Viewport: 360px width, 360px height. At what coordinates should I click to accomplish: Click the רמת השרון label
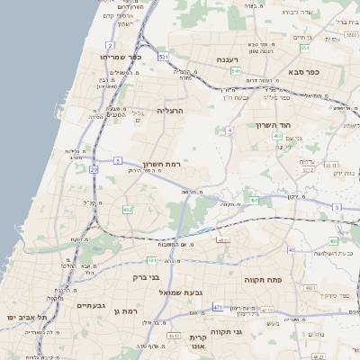(x=163, y=165)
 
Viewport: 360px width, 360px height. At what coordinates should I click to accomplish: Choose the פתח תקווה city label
(x=264, y=280)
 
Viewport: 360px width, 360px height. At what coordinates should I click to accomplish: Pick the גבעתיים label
(x=92, y=305)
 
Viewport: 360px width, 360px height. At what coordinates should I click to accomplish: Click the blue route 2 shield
(x=110, y=44)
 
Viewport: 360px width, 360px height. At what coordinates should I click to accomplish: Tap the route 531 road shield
(x=163, y=57)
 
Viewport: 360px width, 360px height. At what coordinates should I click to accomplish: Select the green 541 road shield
(x=235, y=70)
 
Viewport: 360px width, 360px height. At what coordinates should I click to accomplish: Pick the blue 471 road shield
(x=219, y=308)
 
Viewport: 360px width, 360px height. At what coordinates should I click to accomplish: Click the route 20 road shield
(x=94, y=168)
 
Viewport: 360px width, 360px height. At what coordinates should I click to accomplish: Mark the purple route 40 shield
(x=291, y=249)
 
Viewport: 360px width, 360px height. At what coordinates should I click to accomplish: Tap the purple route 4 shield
(x=230, y=130)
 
